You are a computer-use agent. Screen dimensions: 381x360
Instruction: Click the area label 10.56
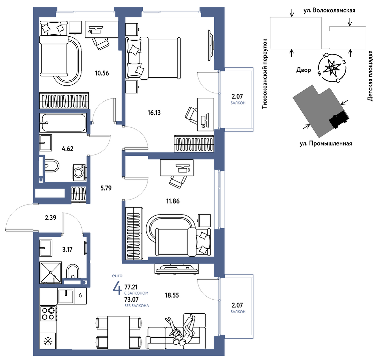tap(102, 73)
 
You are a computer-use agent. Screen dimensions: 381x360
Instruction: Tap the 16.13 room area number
tap(154, 112)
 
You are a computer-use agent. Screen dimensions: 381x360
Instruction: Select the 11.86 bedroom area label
tap(173, 201)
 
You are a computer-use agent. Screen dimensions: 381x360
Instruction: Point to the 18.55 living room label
tap(172, 295)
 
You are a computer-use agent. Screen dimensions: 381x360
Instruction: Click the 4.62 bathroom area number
tap(67, 148)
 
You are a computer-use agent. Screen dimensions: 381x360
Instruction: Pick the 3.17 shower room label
tap(67, 250)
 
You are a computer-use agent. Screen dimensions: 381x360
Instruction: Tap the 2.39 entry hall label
tap(50, 218)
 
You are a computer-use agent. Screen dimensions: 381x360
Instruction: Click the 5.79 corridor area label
tap(106, 188)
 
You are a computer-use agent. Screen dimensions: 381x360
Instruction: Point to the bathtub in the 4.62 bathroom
tap(63, 123)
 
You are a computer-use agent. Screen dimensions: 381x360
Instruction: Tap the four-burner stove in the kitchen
tap(48, 314)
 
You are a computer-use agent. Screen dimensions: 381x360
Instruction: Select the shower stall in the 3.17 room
tap(50, 273)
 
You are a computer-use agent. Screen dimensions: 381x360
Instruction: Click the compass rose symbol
tap(332, 68)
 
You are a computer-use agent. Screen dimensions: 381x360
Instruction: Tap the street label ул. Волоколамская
tap(329, 10)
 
